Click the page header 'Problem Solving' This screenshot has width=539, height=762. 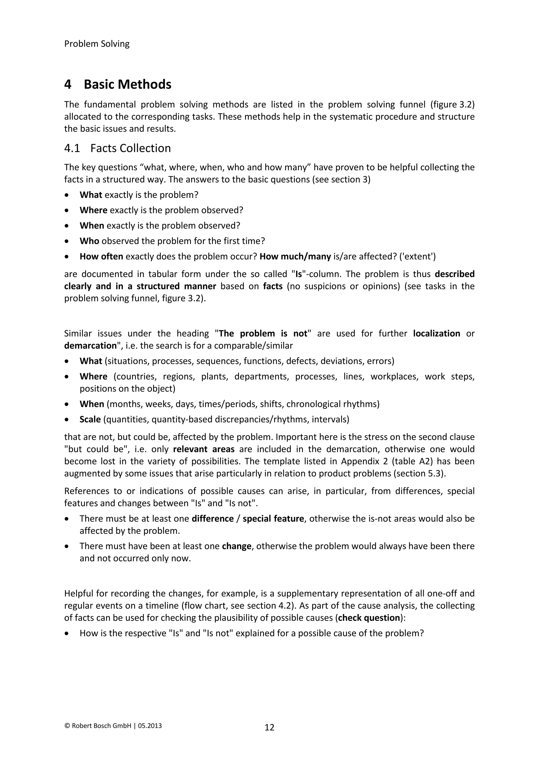click(97, 44)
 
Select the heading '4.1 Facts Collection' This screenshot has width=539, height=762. click(117, 148)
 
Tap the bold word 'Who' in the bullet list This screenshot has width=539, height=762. click(89, 241)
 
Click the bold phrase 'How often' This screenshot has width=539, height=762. click(101, 256)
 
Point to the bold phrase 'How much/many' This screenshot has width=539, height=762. click(295, 256)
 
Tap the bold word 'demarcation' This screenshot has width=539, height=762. click(90, 345)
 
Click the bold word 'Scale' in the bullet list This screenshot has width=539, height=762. click(90, 419)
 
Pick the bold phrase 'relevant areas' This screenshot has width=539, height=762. click(204, 449)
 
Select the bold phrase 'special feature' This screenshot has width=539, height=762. click(273, 518)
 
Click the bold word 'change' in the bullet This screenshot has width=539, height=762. click(236, 546)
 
